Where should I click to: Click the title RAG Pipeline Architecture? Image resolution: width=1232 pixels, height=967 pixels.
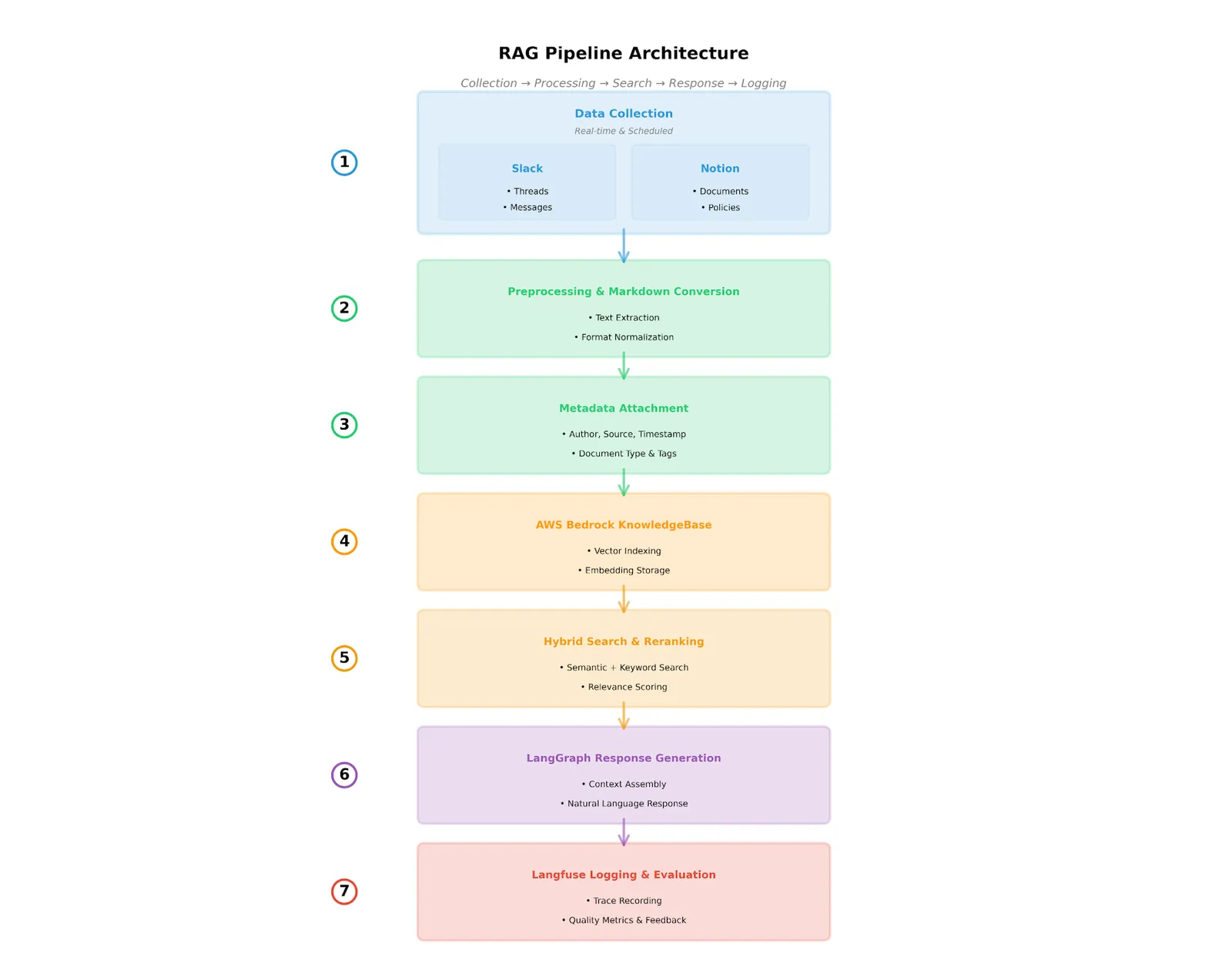623,52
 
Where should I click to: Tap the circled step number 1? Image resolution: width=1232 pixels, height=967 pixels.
344,162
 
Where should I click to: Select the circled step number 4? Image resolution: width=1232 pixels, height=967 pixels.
344,541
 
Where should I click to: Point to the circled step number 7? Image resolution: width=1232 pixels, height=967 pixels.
344,891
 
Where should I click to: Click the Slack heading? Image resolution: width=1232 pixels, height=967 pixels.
527,169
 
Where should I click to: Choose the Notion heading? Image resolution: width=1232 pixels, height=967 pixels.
719,169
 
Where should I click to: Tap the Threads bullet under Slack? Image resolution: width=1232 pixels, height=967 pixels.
527,191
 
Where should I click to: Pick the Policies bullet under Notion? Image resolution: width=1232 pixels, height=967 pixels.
720,207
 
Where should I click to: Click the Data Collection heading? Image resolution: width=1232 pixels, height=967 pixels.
623,113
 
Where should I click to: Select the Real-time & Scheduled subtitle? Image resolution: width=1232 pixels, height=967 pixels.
623,131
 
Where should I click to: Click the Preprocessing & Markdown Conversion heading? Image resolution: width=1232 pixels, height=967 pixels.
623,291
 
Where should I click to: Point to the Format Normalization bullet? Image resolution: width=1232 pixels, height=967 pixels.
624,336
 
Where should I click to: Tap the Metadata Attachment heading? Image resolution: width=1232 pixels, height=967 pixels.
623,408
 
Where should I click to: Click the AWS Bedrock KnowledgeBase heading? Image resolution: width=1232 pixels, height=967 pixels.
623,525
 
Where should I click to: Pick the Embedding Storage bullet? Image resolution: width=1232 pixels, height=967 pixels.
624,570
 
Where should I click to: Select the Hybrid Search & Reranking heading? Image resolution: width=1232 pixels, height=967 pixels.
623,641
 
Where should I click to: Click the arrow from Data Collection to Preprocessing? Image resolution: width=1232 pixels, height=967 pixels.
623,246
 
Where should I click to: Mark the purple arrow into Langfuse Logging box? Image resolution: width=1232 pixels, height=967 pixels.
623,832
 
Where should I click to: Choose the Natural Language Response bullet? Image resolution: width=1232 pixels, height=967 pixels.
624,803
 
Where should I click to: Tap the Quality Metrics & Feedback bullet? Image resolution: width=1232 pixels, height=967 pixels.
624,920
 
